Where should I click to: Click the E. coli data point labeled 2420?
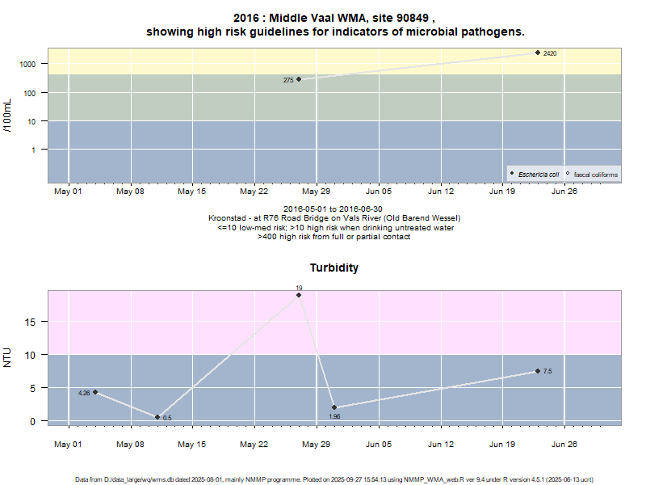538,53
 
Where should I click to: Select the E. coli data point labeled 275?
299,79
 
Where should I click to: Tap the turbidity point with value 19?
299,295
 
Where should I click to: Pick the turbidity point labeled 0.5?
157,417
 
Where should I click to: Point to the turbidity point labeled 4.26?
95,392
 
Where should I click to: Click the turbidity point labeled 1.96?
334,407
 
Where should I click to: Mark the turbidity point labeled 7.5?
538,371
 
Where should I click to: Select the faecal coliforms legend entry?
594,174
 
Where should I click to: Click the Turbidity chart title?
334,268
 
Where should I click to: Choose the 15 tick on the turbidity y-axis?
32,322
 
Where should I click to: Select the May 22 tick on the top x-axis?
254,192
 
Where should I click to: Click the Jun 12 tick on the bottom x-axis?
440,445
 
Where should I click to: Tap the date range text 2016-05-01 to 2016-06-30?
334,209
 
